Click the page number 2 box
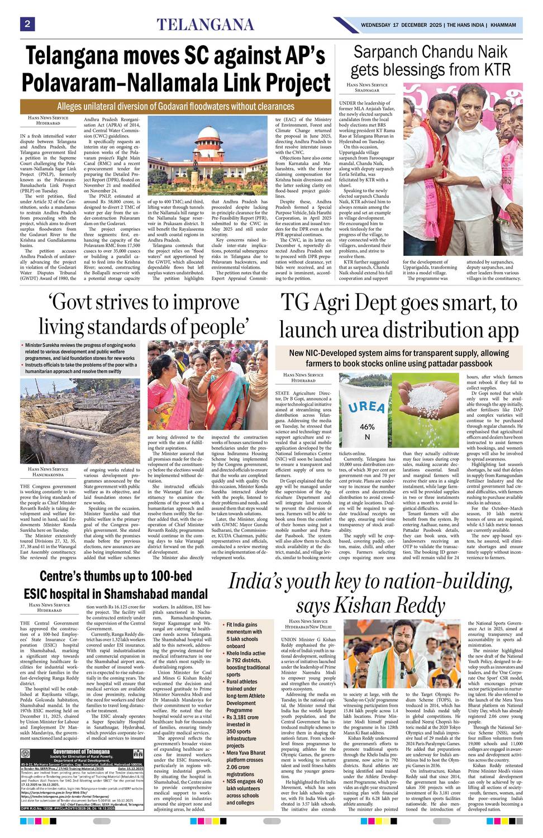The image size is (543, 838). [27, 24]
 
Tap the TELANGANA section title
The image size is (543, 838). [205, 25]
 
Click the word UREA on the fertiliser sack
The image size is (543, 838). [365, 406]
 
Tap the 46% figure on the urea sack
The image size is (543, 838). [367, 427]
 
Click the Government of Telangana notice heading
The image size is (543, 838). [82, 751]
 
